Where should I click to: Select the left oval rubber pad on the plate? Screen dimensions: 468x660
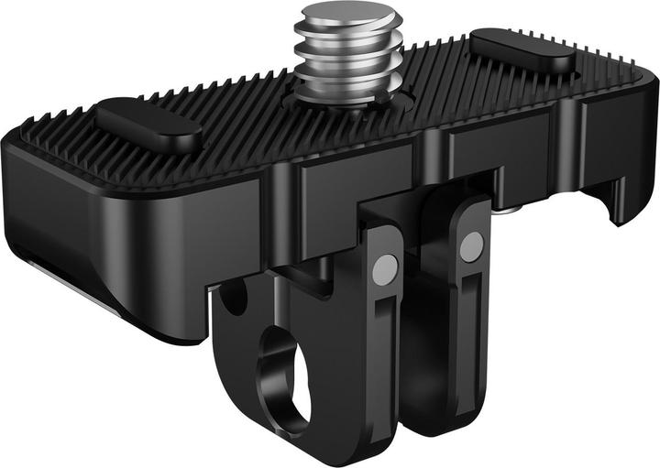pyautogui.click(x=148, y=125)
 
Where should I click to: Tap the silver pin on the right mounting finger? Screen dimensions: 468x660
pyautogui.click(x=472, y=245)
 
